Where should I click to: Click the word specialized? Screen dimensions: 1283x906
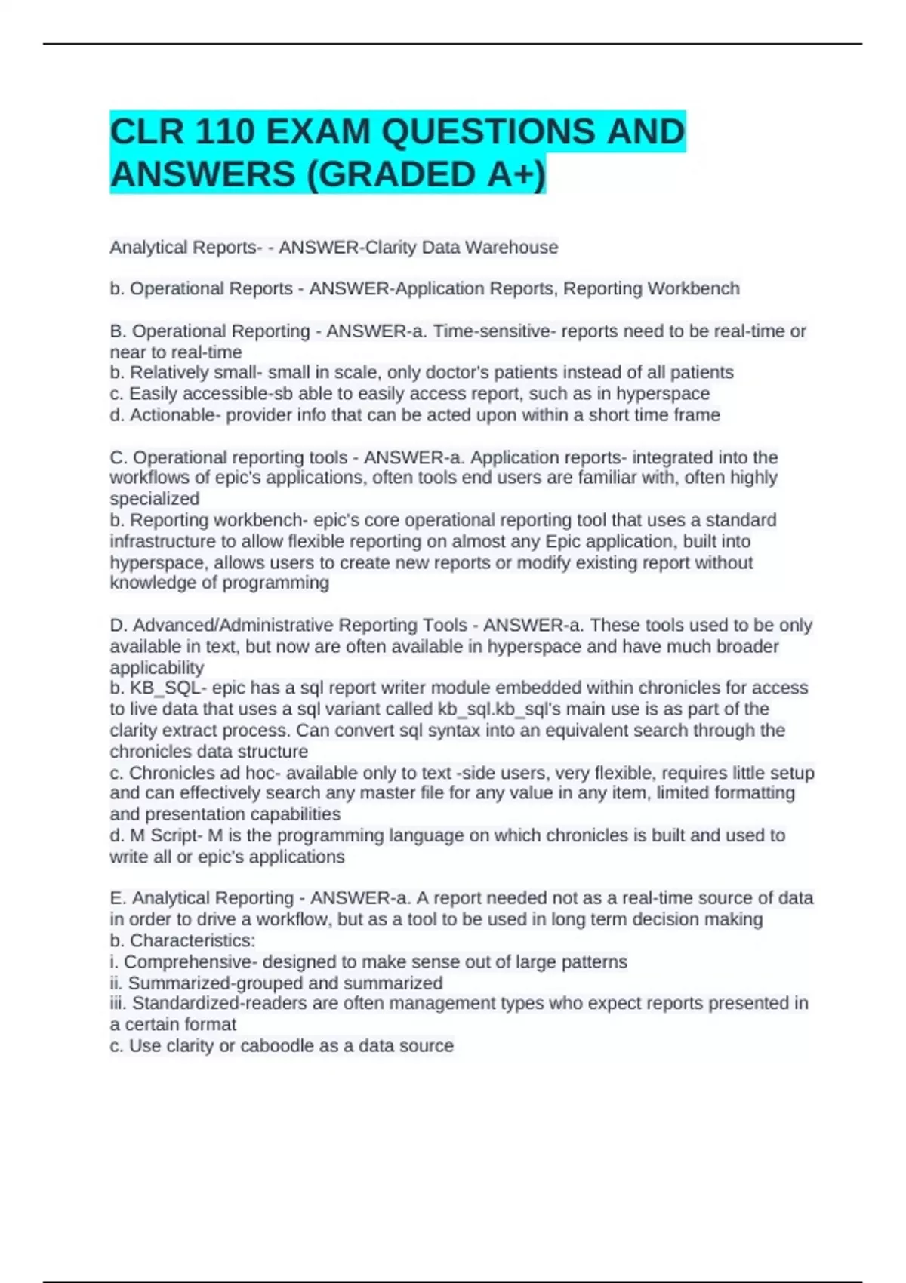click(155, 499)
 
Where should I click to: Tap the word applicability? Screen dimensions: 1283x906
click(157, 668)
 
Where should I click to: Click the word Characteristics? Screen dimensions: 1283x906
click(192, 941)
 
